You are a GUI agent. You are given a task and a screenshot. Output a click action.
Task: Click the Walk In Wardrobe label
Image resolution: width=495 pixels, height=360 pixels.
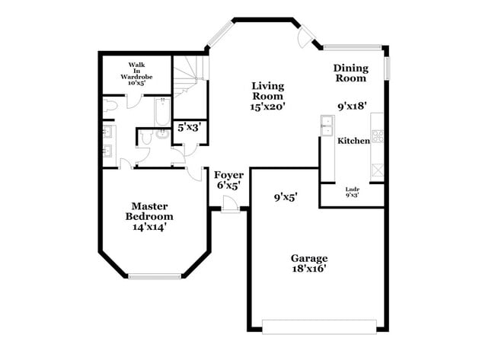pyautogui.click(x=137, y=73)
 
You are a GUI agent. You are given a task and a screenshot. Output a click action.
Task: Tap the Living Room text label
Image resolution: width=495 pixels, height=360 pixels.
pyautogui.click(x=267, y=96)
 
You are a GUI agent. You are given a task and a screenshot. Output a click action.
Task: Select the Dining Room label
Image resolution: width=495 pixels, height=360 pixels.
pyautogui.click(x=350, y=73)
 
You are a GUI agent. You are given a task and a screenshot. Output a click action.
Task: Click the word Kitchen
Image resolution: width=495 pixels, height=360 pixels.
pyautogui.click(x=353, y=141)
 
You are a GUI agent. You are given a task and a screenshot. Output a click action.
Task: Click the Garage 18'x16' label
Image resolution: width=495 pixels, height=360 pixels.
pyautogui.click(x=308, y=263)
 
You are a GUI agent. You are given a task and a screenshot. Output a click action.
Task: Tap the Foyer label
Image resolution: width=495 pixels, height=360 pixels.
pyautogui.click(x=228, y=180)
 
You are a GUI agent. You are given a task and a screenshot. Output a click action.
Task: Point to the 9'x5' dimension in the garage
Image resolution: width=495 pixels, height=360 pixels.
pyautogui.click(x=286, y=197)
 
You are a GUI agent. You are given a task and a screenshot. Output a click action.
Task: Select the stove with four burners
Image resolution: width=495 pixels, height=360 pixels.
pyautogui.click(x=377, y=137)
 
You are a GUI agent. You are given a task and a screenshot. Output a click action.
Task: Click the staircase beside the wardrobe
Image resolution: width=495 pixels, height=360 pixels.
pyautogui.click(x=188, y=77)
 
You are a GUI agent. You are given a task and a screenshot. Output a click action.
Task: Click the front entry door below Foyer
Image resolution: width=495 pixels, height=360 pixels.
pyautogui.click(x=228, y=204)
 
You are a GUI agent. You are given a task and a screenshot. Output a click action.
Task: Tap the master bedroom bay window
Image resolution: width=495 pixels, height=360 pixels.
pyautogui.click(x=155, y=276)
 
